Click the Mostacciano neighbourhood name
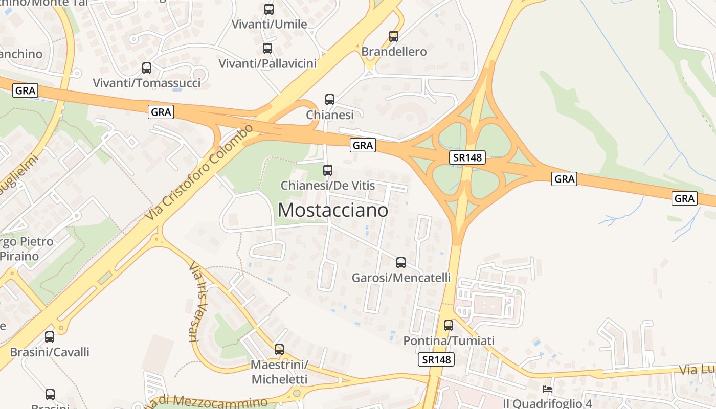click(332, 210)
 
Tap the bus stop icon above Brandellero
click(393, 36)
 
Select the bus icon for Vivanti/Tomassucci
click(147, 68)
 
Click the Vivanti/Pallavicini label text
click(267, 64)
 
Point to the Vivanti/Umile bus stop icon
click(268, 9)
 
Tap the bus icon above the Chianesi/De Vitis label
click(328, 170)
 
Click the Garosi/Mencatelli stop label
click(401, 278)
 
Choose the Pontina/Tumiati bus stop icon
click(448, 325)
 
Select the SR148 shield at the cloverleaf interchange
click(467, 157)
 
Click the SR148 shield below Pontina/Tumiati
click(436, 359)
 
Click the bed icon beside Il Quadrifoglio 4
click(547, 389)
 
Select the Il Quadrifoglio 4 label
click(547, 402)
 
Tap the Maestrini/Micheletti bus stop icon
click(279, 350)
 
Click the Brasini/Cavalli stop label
click(50, 352)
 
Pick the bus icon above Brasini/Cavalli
click(50, 337)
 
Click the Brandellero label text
click(394, 52)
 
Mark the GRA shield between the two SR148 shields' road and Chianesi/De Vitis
click(363, 145)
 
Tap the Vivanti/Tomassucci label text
click(147, 83)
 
